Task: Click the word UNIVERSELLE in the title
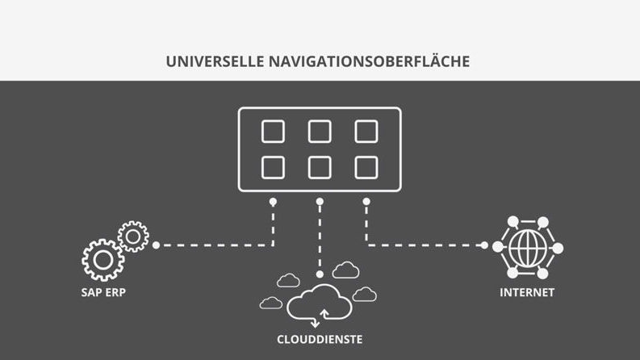click(215, 61)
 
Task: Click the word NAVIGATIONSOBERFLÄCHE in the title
click(369, 61)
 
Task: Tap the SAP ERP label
click(103, 292)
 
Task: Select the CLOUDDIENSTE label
click(320, 339)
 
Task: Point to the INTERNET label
click(527, 292)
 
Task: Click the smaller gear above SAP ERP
click(133, 226)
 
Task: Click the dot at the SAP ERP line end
click(156, 245)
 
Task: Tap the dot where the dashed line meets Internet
click(484, 245)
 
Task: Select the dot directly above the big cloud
click(320, 274)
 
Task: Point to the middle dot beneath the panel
click(320, 202)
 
